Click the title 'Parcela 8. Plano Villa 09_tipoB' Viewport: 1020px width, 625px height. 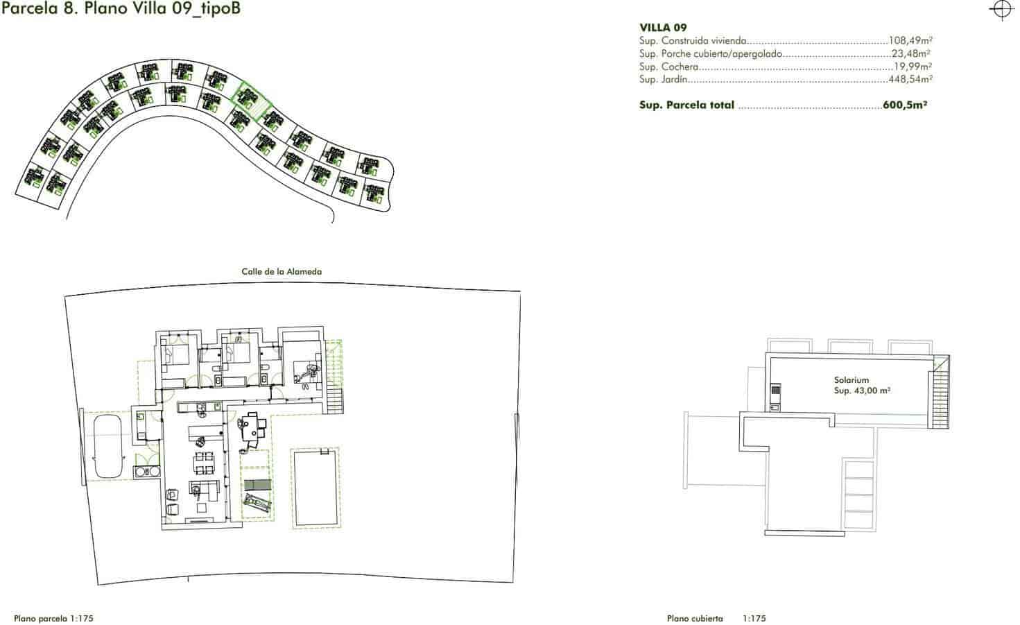point(121,9)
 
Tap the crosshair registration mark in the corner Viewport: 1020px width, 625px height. point(1001,10)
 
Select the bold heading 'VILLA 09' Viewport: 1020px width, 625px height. point(663,28)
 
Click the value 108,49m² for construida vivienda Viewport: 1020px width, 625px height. point(910,41)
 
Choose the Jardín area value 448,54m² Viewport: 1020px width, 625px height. point(910,80)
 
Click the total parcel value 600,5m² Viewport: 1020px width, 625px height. point(905,105)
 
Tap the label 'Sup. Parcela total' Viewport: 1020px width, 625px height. point(686,105)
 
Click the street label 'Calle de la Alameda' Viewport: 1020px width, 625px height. point(282,272)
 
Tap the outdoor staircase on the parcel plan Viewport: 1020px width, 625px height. point(334,398)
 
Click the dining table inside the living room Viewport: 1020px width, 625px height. point(204,461)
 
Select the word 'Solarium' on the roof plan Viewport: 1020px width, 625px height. point(851,380)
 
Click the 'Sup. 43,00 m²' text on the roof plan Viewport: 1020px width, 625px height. point(861,391)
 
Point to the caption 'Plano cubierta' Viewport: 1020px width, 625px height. point(695,618)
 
